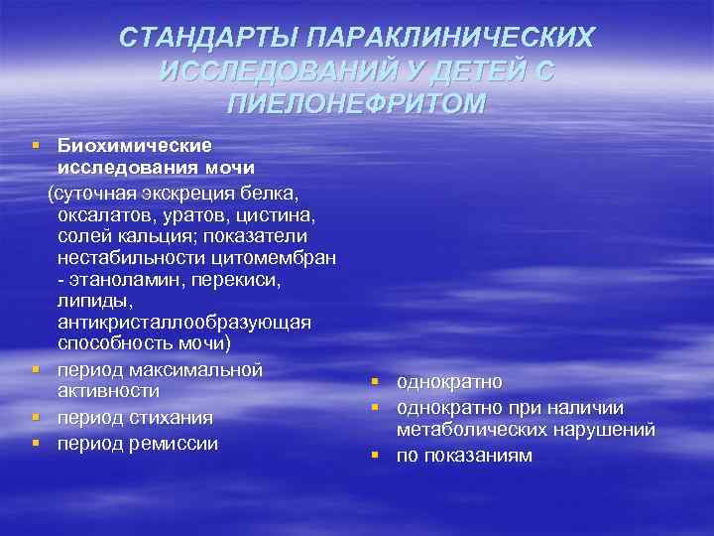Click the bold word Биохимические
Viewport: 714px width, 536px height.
point(135,145)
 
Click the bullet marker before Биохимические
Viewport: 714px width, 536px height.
point(36,145)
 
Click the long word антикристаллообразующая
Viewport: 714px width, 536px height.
point(183,325)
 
